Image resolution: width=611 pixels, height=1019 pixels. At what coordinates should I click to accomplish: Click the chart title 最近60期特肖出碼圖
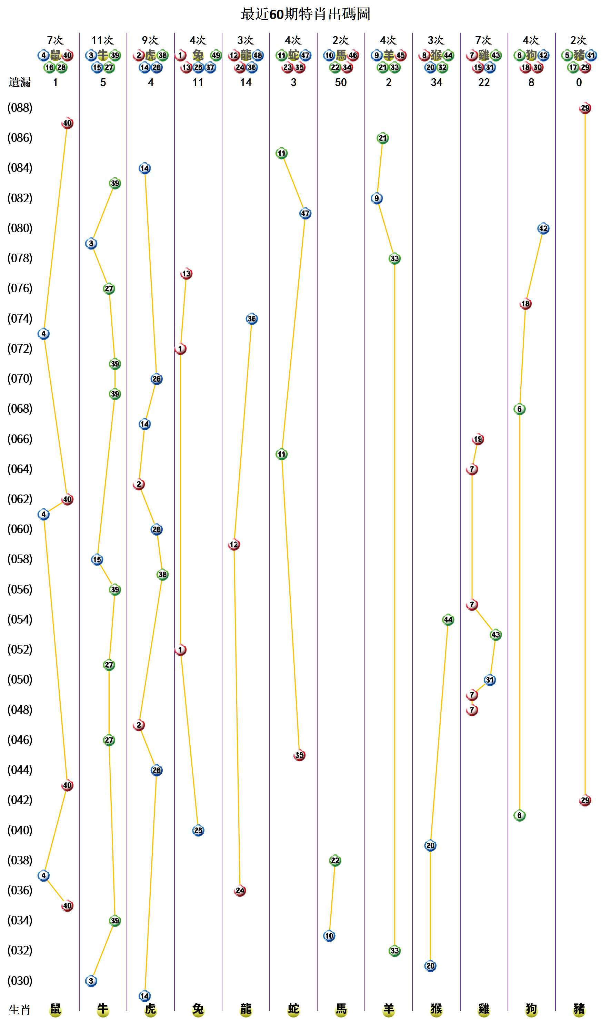305,14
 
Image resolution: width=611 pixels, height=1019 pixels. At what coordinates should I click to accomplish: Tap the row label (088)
20,108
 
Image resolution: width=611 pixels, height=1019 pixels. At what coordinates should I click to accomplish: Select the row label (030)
20,981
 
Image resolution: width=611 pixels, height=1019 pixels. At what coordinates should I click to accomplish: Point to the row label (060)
20,529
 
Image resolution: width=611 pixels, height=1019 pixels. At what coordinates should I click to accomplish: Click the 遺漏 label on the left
19,82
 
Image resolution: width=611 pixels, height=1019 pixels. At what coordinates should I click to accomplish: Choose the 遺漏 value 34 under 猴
436,82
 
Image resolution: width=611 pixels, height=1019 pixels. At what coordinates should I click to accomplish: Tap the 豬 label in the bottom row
579,1009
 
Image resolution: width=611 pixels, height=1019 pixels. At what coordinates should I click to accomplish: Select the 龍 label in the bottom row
246,1009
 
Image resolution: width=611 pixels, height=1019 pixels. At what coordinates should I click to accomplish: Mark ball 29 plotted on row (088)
585,108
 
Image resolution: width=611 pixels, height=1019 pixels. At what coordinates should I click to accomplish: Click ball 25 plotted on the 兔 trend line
198,830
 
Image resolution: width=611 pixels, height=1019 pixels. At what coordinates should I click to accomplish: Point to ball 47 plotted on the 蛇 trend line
305,214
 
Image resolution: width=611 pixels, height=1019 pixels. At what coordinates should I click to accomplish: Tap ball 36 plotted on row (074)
252,319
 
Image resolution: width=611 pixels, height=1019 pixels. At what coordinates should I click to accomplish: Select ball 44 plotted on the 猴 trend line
448,620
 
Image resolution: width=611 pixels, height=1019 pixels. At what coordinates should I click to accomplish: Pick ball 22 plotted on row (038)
335,860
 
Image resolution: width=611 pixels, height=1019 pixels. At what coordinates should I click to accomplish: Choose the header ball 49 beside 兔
216,55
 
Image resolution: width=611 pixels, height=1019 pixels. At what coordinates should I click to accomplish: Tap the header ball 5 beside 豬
567,55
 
